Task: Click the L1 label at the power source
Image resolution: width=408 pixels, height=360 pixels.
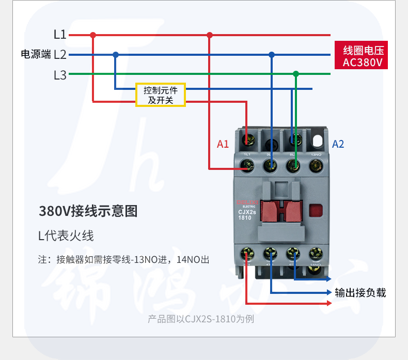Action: [x=60, y=35]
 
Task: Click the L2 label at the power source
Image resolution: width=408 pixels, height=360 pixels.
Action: [x=60, y=54]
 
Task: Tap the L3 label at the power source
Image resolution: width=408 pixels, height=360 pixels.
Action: [x=60, y=75]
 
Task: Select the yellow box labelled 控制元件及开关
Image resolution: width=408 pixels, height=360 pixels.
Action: [x=160, y=95]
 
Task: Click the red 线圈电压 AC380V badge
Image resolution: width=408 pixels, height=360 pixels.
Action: [x=362, y=56]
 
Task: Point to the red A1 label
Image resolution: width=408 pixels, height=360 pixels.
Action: [x=223, y=144]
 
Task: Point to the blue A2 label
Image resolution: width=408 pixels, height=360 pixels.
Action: [x=338, y=144]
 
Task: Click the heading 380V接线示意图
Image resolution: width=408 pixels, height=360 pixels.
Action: [x=88, y=211]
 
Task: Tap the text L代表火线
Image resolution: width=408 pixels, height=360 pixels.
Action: [x=66, y=236]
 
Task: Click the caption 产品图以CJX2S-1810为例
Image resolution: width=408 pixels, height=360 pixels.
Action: [x=201, y=319]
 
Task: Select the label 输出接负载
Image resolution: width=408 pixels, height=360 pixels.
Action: [x=360, y=293]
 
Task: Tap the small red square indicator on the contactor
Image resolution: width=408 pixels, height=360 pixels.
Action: [x=315, y=211]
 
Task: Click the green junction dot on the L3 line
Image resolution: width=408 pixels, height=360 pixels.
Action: [x=295, y=74]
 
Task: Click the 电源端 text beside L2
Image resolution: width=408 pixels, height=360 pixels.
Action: [x=35, y=54]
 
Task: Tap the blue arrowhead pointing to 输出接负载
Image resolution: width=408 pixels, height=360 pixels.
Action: [x=329, y=293]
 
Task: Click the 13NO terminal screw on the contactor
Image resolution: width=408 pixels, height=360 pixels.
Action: [x=316, y=166]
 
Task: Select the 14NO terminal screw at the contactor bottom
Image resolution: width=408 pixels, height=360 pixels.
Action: [x=316, y=253]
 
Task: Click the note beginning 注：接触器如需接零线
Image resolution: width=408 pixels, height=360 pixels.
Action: [x=124, y=259]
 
